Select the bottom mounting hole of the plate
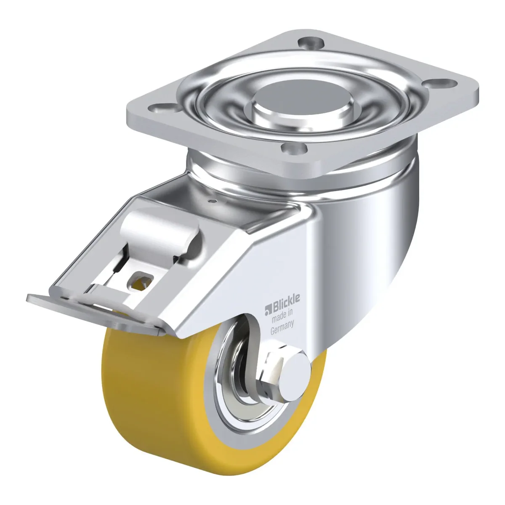pos(294,148)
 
